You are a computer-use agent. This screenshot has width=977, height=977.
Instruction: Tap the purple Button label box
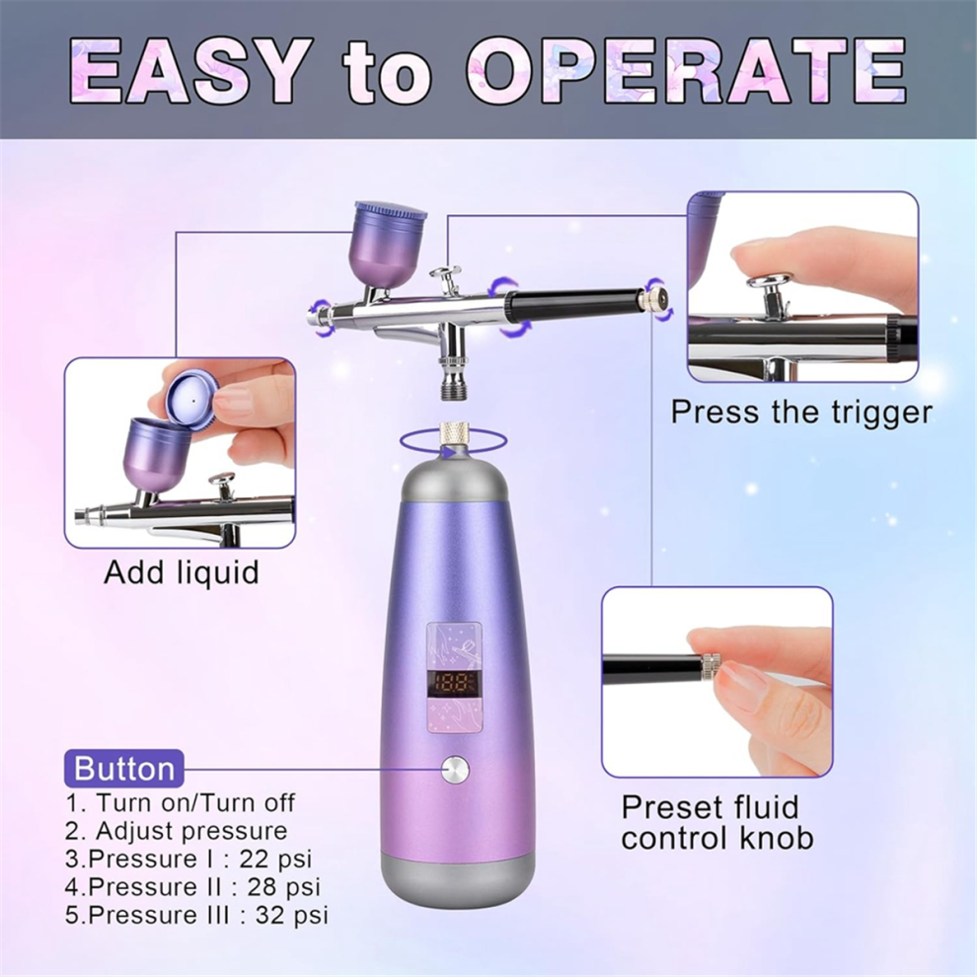pyautogui.click(x=124, y=768)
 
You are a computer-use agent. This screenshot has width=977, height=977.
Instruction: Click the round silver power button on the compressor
pyautogui.click(x=455, y=770)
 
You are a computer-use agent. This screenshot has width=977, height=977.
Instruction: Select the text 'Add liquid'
pyautogui.click(x=182, y=572)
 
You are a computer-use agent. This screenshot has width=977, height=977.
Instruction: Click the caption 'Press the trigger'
pyautogui.click(x=801, y=412)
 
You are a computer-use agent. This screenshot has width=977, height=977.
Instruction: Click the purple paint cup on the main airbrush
pyautogui.click(x=390, y=244)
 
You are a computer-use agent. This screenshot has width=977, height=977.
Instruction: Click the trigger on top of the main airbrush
pyautogui.click(x=445, y=279)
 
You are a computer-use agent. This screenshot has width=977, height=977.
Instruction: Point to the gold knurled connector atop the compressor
pyautogui.click(x=454, y=433)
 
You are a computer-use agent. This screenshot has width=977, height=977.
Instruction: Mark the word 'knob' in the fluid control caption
pyautogui.click(x=777, y=838)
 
